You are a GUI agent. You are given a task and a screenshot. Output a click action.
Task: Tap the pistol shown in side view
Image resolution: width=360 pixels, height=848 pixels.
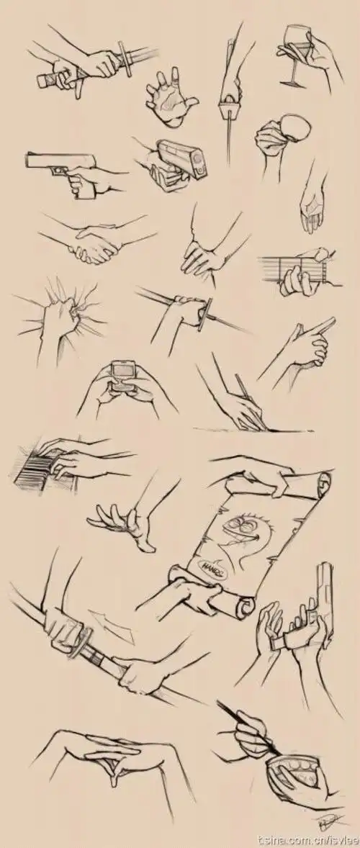click(x=61, y=164)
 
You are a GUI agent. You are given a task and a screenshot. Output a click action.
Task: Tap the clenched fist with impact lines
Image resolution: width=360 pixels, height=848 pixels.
click(x=65, y=313)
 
